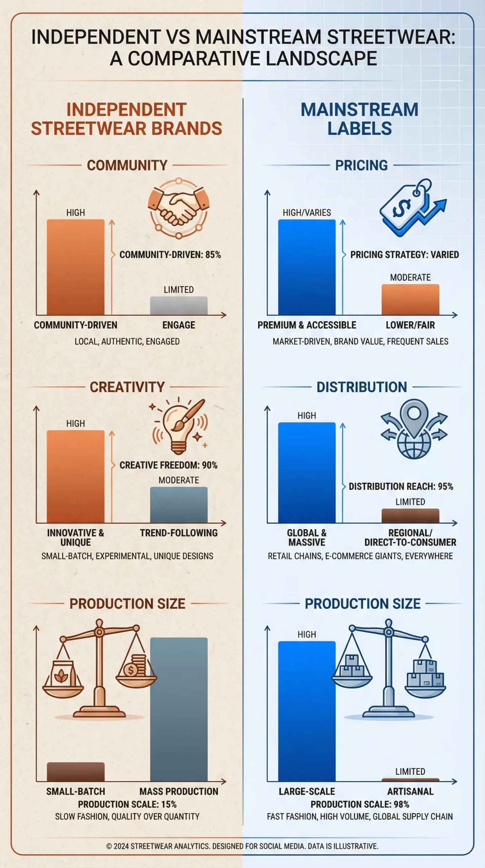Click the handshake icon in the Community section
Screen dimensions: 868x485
tap(179, 209)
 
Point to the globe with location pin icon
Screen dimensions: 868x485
tap(414, 429)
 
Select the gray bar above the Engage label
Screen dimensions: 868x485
tap(179, 305)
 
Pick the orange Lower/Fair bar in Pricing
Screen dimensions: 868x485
tap(410, 299)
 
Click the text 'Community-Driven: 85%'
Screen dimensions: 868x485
tap(170, 255)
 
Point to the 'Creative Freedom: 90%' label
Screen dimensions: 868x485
tap(168, 465)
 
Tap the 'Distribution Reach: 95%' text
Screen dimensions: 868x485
tap(401, 487)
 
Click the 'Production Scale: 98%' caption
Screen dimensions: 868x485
tap(360, 804)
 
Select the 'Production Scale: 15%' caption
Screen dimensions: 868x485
tap(127, 804)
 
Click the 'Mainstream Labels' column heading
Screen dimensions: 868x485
tap(359, 119)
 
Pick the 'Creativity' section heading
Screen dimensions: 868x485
tap(127, 387)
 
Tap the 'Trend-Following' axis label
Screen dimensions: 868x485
tap(179, 533)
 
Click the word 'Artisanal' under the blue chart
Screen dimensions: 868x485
tap(410, 791)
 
